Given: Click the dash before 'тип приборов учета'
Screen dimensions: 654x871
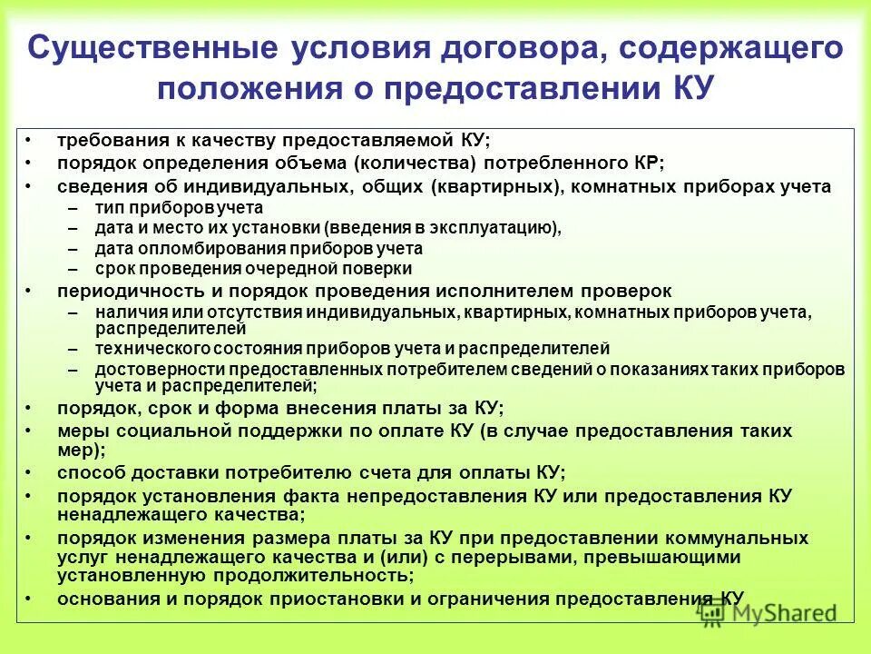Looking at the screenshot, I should tap(73, 208).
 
